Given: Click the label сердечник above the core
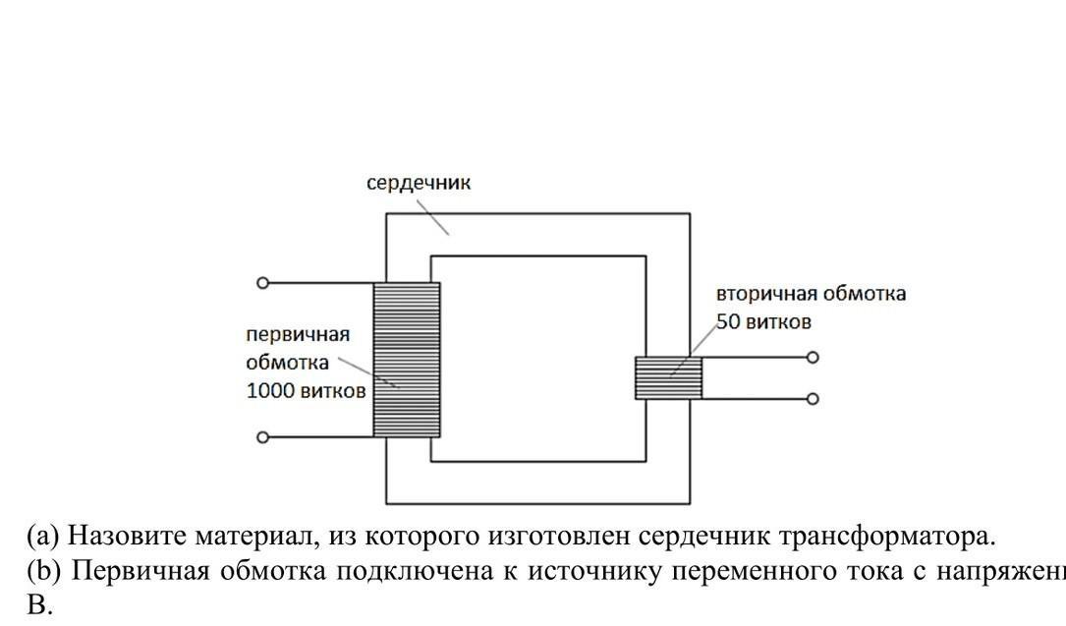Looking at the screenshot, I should (419, 184).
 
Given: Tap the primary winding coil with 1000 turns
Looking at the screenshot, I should (407, 360).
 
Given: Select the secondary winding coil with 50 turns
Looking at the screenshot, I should (668, 377).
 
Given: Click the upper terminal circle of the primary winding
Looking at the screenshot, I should (262, 283).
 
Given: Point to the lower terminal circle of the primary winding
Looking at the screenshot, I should (262, 437).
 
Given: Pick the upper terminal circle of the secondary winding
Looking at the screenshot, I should (813, 358).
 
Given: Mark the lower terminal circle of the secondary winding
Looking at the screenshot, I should (813, 399).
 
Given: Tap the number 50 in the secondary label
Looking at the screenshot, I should (728, 321).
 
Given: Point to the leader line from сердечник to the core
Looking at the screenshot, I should (432, 217).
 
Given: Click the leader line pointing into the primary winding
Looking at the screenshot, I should (368, 372).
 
